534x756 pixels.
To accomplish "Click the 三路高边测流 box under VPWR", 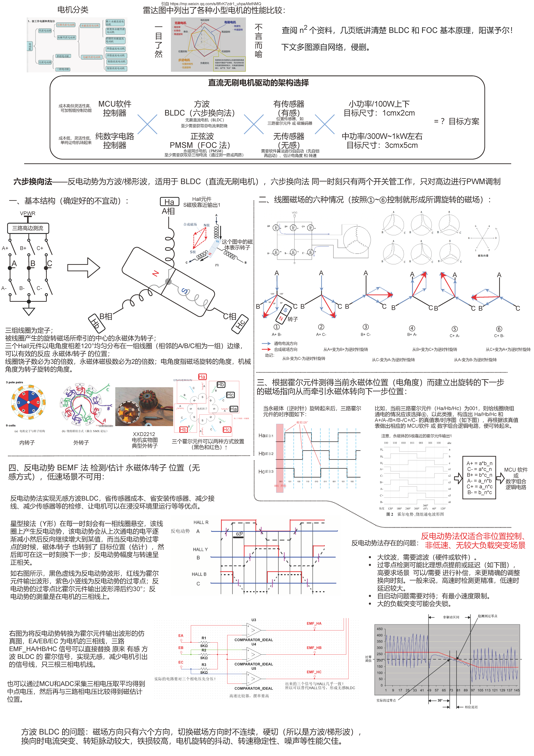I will [28, 228].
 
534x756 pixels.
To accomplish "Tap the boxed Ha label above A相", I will [169, 202].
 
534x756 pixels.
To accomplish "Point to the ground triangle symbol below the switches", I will [29, 311].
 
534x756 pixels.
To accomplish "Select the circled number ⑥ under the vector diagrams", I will [499, 329].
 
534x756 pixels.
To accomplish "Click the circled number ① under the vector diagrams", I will [276, 327].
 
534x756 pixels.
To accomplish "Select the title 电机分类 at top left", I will [73, 9].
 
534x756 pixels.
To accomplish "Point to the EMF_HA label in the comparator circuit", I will [314, 623].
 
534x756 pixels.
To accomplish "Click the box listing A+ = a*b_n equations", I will [479, 478].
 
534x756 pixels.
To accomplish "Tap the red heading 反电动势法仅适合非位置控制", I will [473, 536].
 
